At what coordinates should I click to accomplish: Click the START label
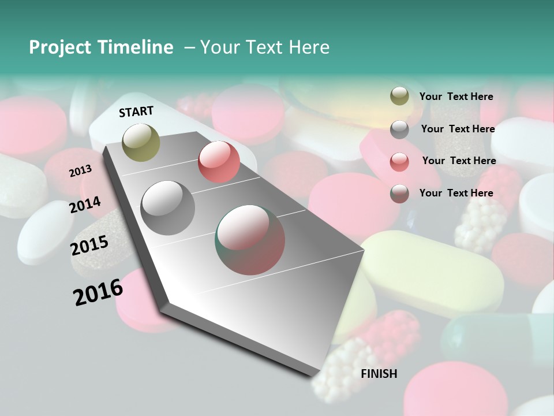pos(136,112)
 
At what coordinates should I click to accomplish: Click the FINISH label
pos(379,374)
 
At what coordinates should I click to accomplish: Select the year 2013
pos(80,170)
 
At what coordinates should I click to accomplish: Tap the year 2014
pos(85,205)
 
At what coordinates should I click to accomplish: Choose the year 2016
pos(98,292)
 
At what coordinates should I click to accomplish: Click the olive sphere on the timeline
pos(141,142)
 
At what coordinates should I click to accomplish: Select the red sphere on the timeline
pos(219,162)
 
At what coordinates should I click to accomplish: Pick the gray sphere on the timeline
pos(168,208)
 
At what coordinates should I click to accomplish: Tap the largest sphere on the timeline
pos(250,240)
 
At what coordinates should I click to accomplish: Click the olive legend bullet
pos(399,96)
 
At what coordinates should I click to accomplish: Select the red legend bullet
pos(399,161)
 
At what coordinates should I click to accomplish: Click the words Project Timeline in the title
pos(101,47)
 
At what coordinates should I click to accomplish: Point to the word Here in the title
pos(309,47)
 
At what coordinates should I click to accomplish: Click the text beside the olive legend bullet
pos(456,96)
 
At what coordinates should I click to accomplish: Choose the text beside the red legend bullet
pos(459,161)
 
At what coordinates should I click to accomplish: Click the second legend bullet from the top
pos(399,129)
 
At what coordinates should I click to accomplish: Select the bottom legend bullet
pos(399,194)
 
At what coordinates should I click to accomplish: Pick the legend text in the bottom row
pos(456,193)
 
